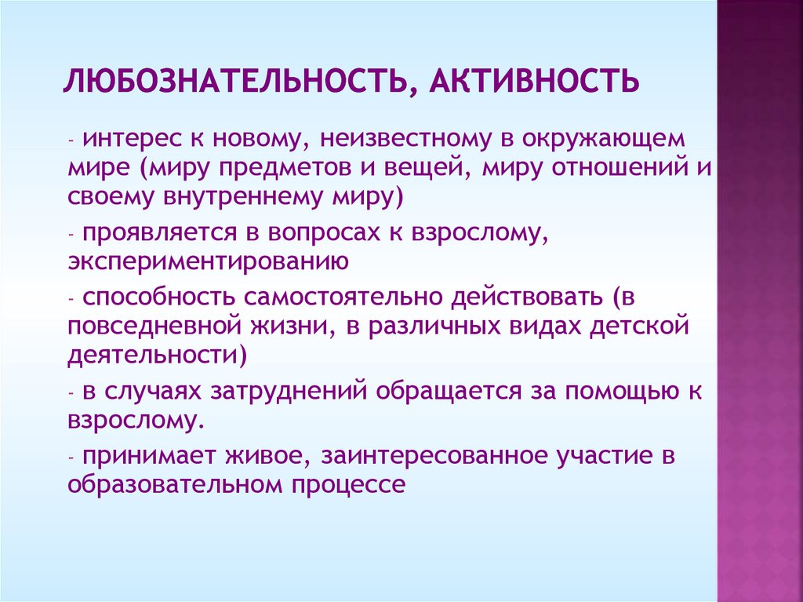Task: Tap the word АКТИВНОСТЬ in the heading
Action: (x=532, y=81)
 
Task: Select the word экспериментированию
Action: (x=207, y=260)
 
